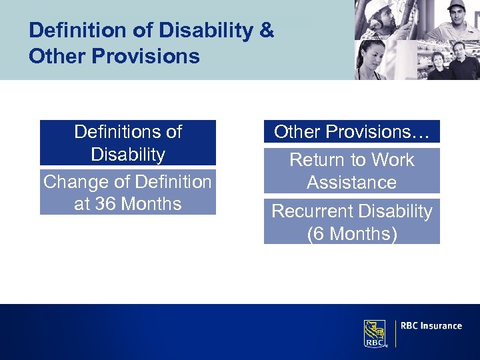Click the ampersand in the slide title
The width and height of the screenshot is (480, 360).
[265, 31]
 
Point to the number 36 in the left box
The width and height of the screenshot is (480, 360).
[106, 203]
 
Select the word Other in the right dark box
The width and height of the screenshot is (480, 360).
[296, 132]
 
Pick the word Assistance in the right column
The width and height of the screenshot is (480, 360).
[351, 183]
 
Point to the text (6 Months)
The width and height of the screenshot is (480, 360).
[351, 234]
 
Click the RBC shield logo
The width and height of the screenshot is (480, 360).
[375, 333]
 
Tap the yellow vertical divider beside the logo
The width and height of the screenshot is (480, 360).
[395, 333]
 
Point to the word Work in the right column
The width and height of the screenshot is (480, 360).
[392, 160]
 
